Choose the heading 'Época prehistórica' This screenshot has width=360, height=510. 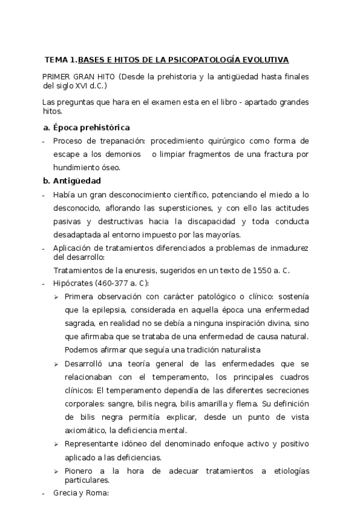click(x=91, y=127)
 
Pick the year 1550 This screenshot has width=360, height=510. click(x=252, y=271)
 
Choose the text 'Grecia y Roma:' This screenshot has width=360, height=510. click(x=81, y=493)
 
